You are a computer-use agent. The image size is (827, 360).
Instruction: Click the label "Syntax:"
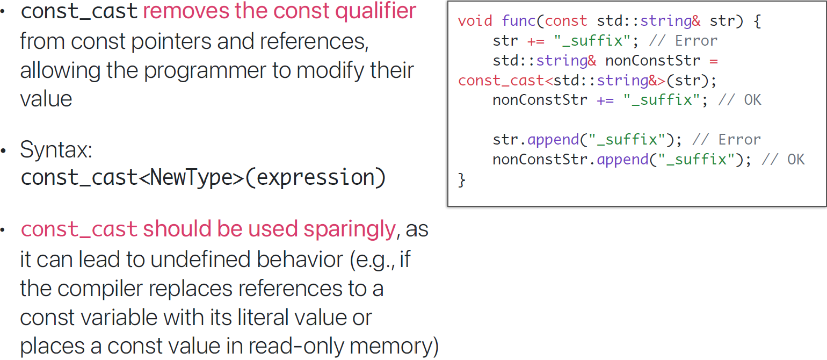[56, 150]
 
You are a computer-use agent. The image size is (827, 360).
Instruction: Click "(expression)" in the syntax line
[315, 178]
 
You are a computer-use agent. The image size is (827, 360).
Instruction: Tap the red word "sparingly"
[350, 229]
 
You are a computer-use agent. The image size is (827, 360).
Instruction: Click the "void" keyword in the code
[475, 21]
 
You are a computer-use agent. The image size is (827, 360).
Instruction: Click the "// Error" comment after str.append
[727, 140]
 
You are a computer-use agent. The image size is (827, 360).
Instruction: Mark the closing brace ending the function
[462, 179]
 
